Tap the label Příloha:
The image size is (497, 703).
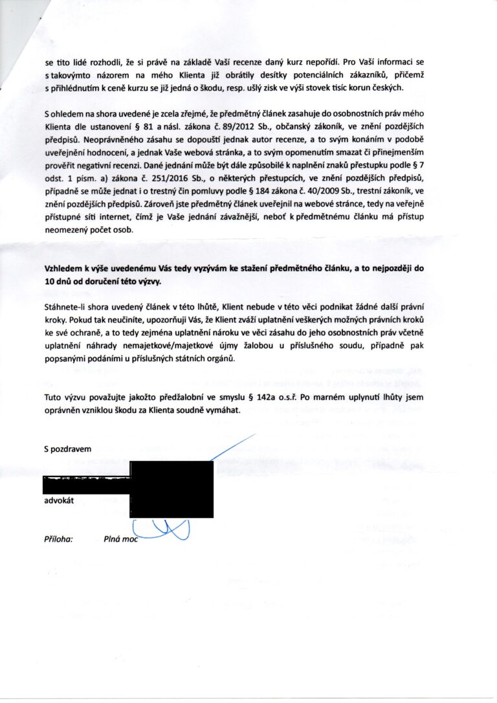(58, 538)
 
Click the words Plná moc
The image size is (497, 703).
(121, 538)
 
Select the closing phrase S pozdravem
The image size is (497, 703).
(67, 449)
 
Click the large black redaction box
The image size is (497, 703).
(171, 489)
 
